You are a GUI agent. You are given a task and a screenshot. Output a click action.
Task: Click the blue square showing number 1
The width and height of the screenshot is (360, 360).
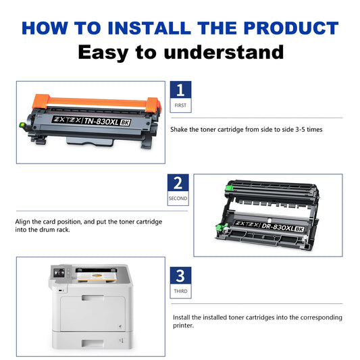(180, 91)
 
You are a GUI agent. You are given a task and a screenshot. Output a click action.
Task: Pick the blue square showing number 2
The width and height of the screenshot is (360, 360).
(178, 183)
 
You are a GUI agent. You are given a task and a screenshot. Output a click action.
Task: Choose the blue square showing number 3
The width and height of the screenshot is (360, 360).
(180, 276)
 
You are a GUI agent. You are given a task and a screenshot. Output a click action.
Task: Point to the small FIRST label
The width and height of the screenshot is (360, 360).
(180, 107)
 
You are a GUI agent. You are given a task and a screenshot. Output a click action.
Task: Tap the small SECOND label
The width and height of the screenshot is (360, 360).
(178, 199)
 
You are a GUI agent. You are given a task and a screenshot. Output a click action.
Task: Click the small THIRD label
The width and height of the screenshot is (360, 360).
(180, 292)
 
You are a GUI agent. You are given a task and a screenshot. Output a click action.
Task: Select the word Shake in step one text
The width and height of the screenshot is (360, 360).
(180, 128)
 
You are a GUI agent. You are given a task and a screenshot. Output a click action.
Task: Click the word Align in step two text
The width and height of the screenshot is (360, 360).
(24, 222)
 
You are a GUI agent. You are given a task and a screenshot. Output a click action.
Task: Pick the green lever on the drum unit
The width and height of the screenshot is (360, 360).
(219, 229)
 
